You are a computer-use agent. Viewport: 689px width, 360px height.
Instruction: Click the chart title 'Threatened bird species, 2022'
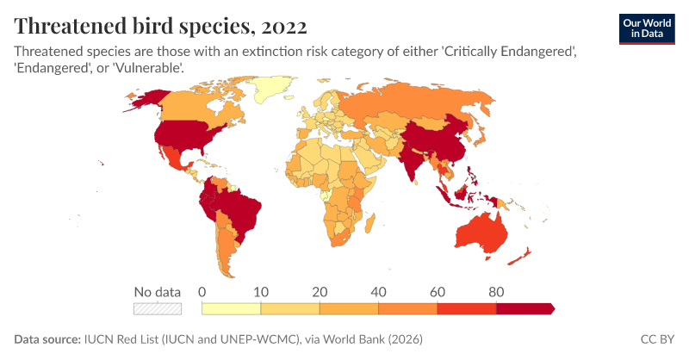pyautogui.click(x=160, y=24)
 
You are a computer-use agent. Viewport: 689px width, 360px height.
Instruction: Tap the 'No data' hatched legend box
pyautogui.click(x=157, y=307)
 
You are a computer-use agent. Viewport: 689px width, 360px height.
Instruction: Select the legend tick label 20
pyautogui.click(x=319, y=291)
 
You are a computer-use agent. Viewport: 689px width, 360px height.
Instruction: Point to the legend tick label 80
pyautogui.click(x=496, y=291)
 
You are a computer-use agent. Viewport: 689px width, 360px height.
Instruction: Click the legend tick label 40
pyautogui.click(x=378, y=291)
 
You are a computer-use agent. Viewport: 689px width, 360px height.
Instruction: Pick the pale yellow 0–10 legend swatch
pyautogui.click(x=231, y=307)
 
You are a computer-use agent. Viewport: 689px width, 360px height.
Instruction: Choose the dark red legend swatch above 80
pyautogui.click(x=525, y=307)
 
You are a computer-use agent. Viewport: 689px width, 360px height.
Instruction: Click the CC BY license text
pyautogui.click(x=657, y=340)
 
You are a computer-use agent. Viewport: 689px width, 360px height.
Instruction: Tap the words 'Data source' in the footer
pyautogui.click(x=47, y=340)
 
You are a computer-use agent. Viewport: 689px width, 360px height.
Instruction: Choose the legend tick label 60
pyautogui.click(x=438, y=291)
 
